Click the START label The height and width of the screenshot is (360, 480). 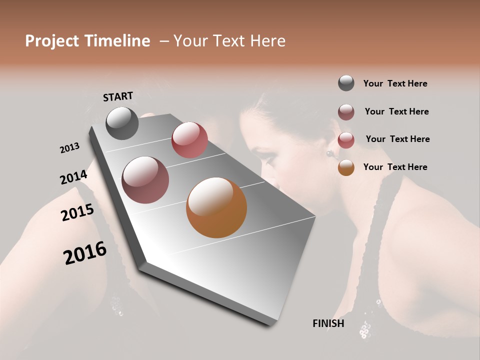coord(118,96)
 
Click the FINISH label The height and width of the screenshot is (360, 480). coord(328,323)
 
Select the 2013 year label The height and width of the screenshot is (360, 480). coord(69,148)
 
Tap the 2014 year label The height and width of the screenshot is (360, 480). coord(73,177)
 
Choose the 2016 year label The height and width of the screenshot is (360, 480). coord(85,253)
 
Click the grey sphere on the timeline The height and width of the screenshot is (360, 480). coord(122,123)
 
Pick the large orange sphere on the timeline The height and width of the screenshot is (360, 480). coord(216,207)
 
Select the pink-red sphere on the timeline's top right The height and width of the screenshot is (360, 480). coord(189,140)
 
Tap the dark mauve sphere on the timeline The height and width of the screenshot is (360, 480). coord(145,180)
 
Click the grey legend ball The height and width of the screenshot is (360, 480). coord(346,83)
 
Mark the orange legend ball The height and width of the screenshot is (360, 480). coord(346,167)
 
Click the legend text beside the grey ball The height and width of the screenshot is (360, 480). coord(395,83)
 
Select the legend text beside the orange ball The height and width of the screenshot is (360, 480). coord(395,167)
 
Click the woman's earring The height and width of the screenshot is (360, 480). coord(329,153)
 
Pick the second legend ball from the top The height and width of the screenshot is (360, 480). coord(346,112)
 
